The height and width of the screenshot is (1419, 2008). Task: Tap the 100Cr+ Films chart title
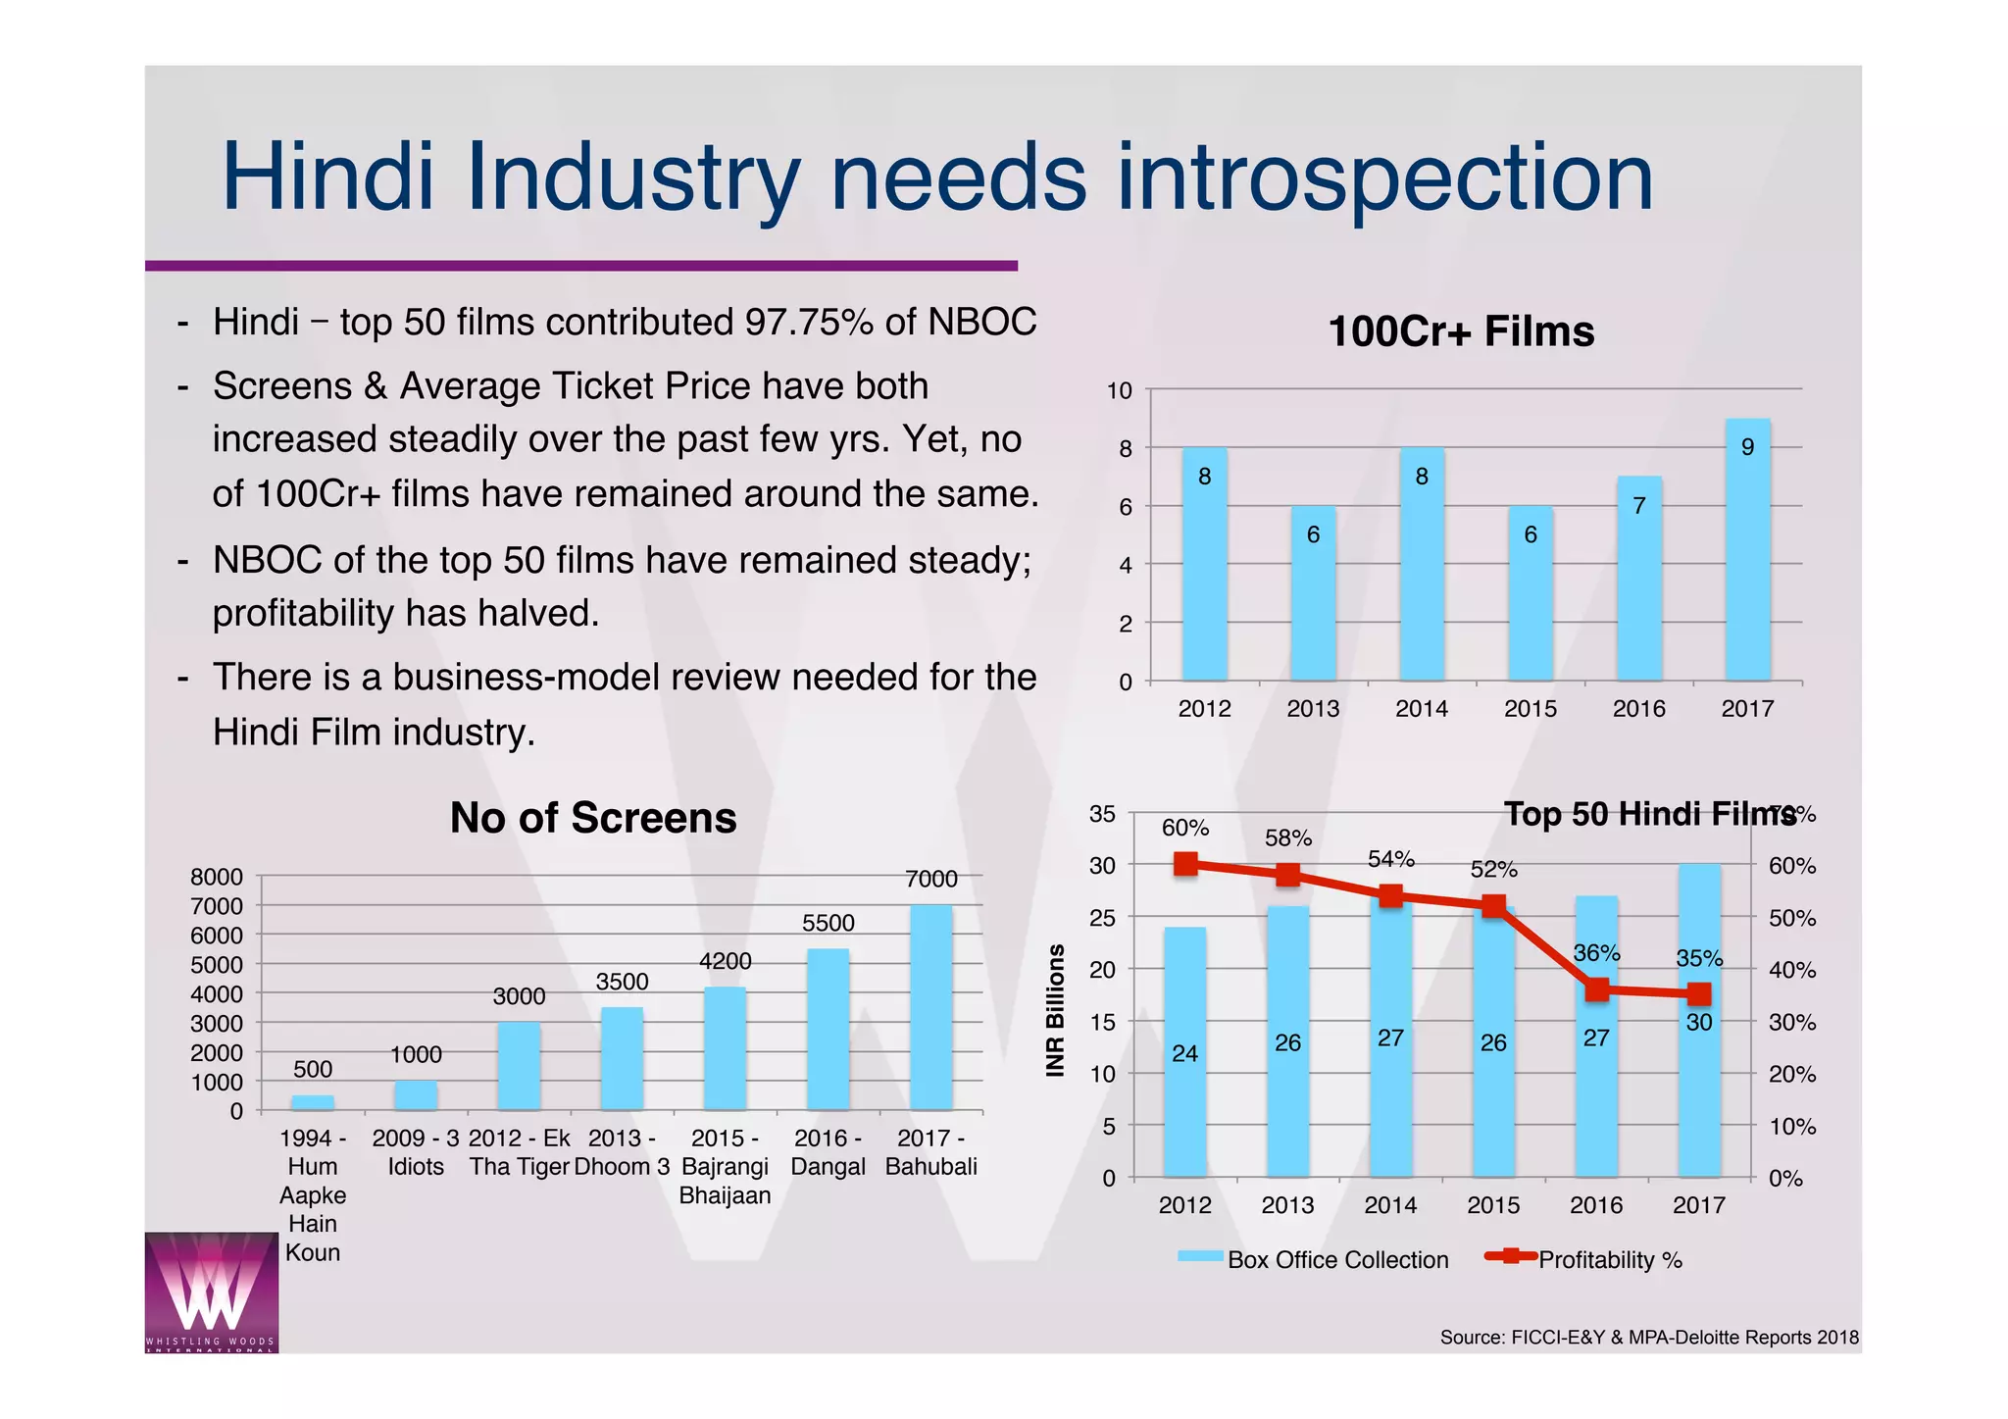point(1460,331)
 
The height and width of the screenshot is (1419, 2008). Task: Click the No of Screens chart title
point(592,818)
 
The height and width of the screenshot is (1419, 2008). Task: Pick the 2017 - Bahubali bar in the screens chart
point(930,1010)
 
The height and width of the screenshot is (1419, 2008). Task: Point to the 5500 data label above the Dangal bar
point(828,923)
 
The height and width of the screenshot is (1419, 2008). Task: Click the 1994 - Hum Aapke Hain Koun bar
point(313,1102)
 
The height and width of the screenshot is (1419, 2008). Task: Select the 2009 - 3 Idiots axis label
point(416,1152)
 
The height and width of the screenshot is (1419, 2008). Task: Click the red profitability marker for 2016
point(1596,989)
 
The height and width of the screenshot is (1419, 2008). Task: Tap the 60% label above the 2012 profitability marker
point(1184,829)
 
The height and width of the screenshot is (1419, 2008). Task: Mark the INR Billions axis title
point(1055,1010)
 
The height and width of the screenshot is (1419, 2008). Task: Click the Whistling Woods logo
point(211,1292)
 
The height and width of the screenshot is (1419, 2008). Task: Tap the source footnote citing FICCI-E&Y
point(1648,1338)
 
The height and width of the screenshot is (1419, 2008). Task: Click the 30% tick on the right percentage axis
point(1791,1023)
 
